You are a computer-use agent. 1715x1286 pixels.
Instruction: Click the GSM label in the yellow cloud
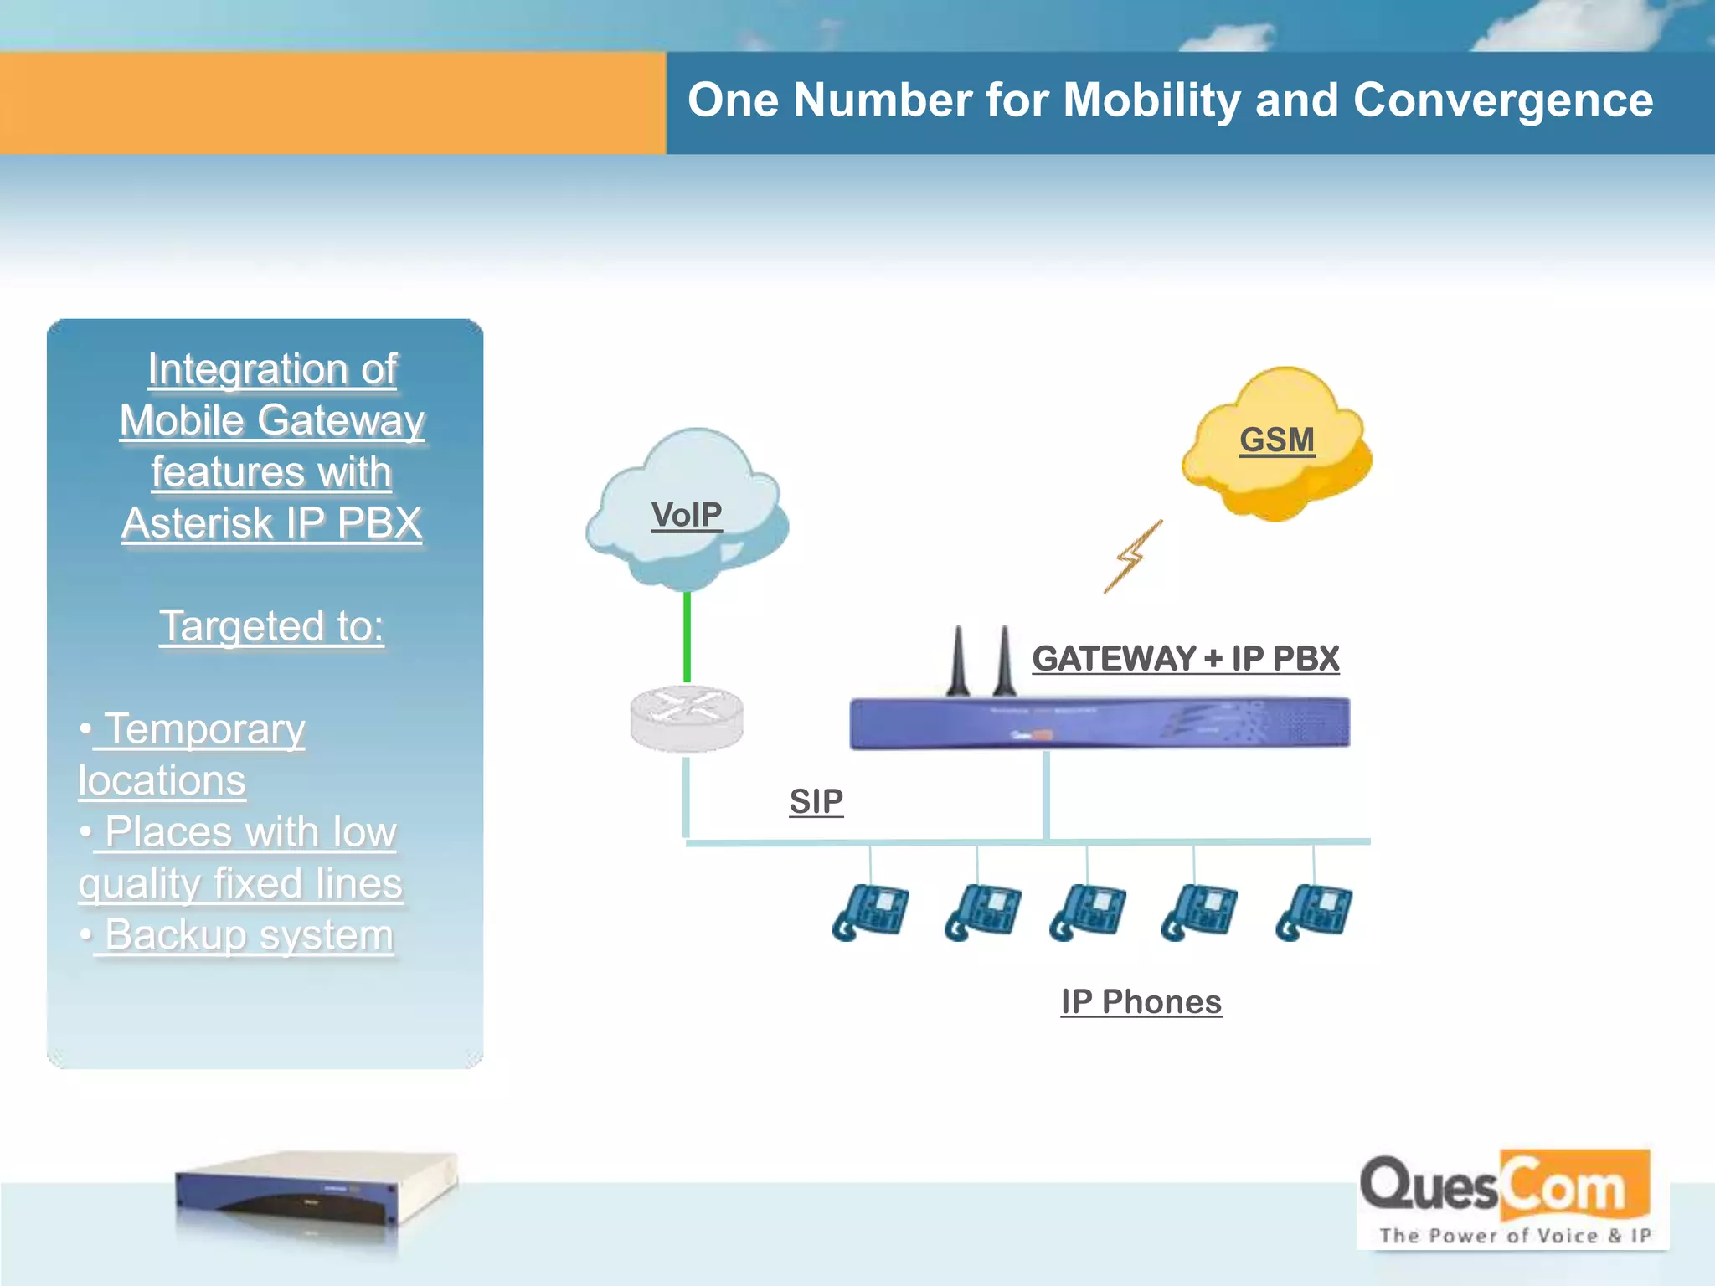coord(1276,440)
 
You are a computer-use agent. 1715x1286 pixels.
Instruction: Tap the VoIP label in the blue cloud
coord(687,514)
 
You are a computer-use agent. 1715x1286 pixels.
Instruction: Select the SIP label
coord(816,801)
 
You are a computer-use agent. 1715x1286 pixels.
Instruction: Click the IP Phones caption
coord(1141,1001)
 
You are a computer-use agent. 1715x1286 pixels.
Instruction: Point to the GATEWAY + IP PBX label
coord(1185,658)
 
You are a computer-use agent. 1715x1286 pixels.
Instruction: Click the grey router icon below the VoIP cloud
coord(687,718)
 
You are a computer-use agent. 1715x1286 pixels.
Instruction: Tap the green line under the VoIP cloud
coord(687,636)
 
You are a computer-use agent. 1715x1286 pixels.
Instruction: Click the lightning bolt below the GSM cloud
coord(1134,557)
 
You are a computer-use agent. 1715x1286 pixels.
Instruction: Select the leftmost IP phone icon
coord(871,912)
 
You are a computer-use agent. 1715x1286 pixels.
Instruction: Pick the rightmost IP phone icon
coord(1313,912)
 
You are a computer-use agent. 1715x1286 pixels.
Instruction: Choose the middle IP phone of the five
coord(1088,912)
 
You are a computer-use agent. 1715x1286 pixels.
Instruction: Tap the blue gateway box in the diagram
coord(1099,723)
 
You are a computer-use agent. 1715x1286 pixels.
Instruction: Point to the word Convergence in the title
coord(1502,100)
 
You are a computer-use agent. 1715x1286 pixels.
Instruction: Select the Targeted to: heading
coord(271,625)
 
